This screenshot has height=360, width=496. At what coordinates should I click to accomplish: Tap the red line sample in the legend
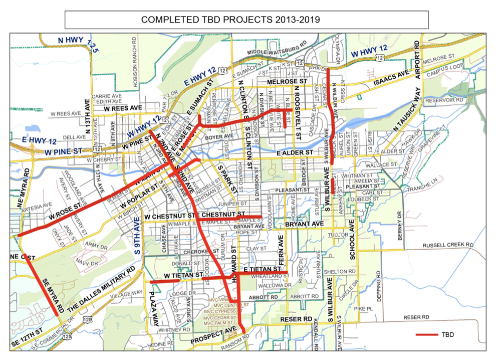coord(426,334)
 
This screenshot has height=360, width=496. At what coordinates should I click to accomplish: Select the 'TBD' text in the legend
coord(447,334)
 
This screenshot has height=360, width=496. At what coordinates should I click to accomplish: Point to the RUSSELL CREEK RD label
coord(448,245)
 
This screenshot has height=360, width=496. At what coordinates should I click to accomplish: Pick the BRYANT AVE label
coord(302,224)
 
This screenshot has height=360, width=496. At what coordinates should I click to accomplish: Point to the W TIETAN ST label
coord(183,275)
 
